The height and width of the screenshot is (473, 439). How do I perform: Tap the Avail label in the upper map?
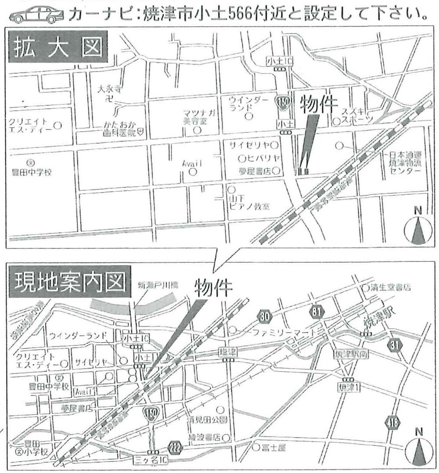(x=192, y=163)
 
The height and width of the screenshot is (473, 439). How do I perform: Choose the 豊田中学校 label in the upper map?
(x=32, y=172)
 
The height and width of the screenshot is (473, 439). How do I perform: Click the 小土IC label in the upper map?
(x=280, y=62)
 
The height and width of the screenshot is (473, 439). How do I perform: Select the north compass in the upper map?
(x=418, y=228)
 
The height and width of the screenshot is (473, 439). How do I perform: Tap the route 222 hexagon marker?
(x=175, y=448)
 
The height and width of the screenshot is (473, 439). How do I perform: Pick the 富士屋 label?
(x=276, y=448)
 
